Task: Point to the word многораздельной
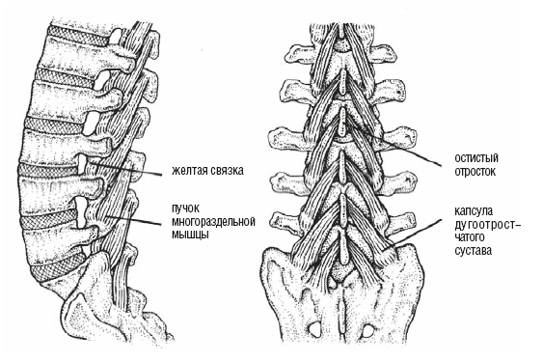214,222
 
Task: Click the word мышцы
190,235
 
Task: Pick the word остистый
476,158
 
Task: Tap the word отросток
475,172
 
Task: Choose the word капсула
474,211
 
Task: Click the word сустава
473,251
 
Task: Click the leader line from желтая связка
125,168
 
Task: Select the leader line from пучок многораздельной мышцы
134,220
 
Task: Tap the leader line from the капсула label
413,234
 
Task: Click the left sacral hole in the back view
313,329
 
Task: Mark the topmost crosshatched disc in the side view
78,37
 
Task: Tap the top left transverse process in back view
301,53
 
